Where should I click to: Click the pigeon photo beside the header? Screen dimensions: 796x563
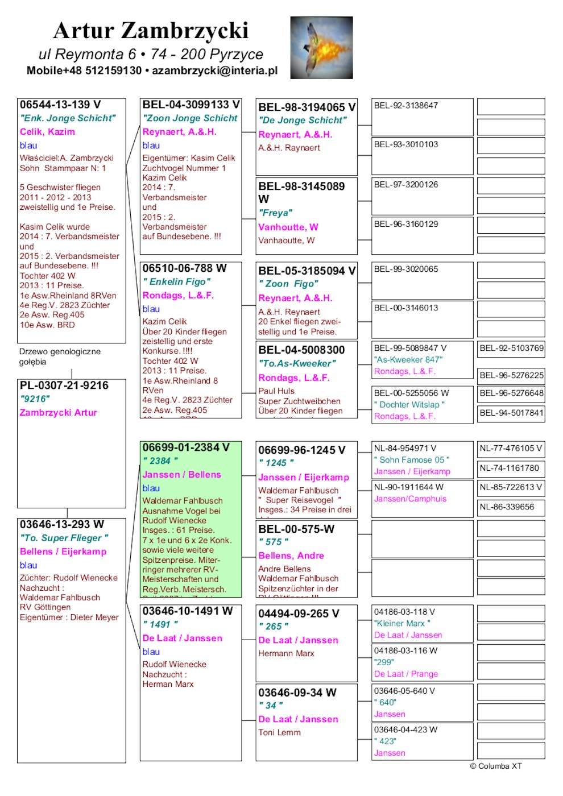pyautogui.click(x=321, y=47)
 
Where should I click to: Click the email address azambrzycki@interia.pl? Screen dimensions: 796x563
pyautogui.click(x=215, y=71)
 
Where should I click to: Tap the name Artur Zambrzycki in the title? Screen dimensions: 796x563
pyautogui.click(x=151, y=31)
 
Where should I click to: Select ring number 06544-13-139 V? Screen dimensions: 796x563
pyautogui.click(x=60, y=105)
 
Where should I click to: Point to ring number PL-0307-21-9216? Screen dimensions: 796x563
pyautogui.click(x=64, y=385)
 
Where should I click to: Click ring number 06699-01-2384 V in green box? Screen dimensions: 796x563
pyautogui.click(x=186, y=447)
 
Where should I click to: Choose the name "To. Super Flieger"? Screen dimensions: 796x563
pyautogui.click(x=64, y=538)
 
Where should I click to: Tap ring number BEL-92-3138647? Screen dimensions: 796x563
pyautogui.click(x=406, y=105)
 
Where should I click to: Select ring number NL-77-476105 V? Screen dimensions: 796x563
pyautogui.click(x=511, y=448)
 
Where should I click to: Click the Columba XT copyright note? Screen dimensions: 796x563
pyautogui.click(x=495, y=766)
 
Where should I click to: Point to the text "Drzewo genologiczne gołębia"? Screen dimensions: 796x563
pyautogui.click(x=60, y=356)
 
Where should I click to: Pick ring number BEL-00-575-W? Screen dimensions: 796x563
pyautogui.click(x=296, y=529)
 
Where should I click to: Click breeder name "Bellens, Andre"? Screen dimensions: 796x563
pyautogui.click(x=291, y=555)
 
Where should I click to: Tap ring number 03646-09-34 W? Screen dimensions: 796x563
pyautogui.click(x=297, y=693)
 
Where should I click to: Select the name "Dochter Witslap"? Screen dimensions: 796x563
pyautogui.click(x=409, y=404)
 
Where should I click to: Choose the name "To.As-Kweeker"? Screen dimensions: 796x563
pyautogui.click(x=297, y=363)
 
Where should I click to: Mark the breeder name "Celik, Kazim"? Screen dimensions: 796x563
pyautogui.click(x=47, y=131)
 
